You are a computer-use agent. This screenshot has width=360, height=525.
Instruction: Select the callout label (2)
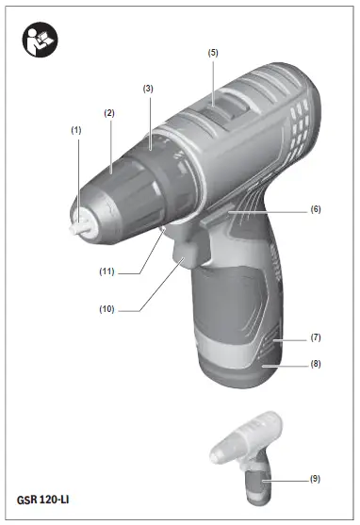coord(109,113)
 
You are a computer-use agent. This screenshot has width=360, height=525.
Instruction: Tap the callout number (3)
coord(148,88)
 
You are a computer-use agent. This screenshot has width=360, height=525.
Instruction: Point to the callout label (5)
coord(213,53)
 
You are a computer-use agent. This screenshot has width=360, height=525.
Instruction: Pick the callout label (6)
coord(315,209)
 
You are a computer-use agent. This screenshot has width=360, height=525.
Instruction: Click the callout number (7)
coord(315,336)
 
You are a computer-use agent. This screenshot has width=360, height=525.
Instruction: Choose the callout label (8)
coord(315,362)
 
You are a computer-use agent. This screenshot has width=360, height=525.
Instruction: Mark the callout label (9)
coord(315,479)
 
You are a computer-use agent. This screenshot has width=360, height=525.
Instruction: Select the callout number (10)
coord(117,306)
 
